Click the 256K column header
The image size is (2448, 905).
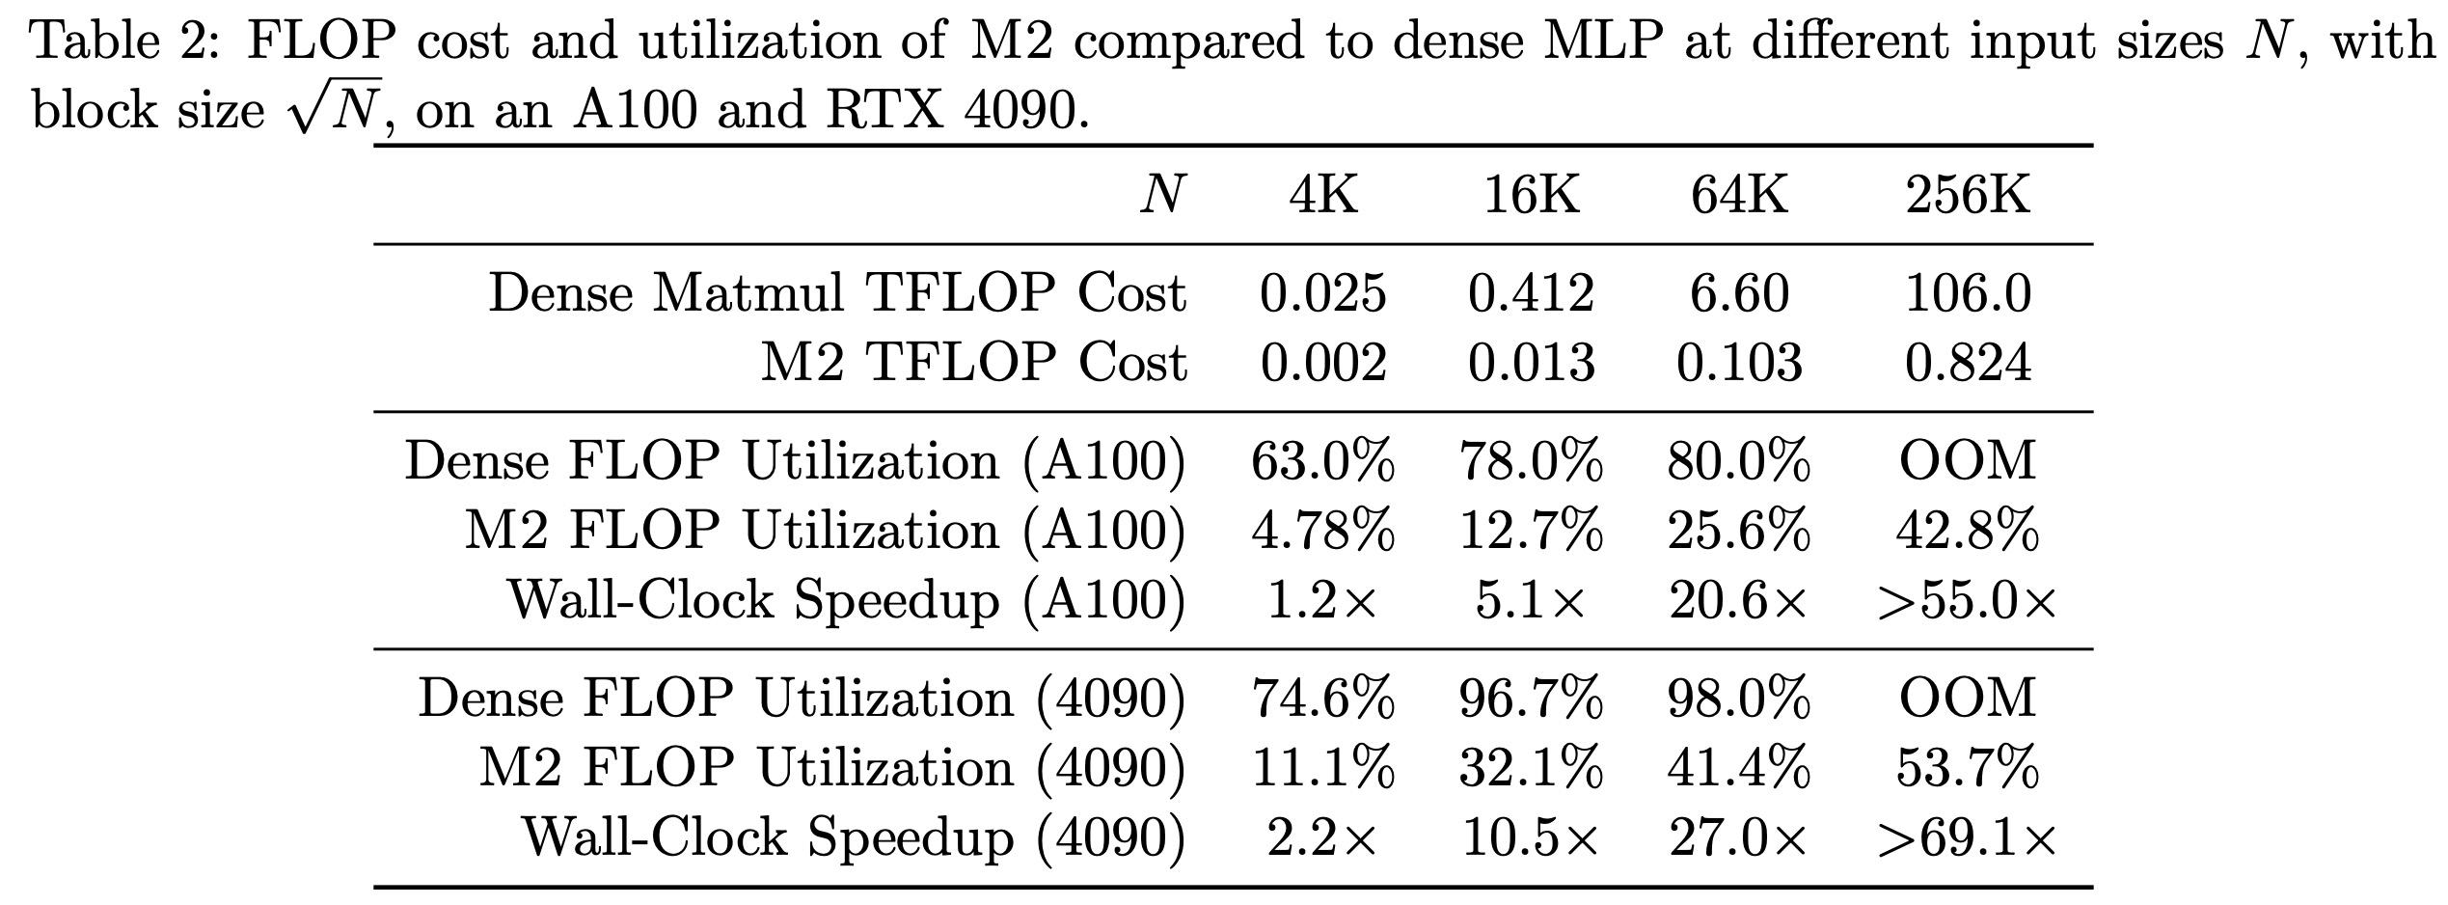coord(1968,196)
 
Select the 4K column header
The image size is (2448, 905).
coord(1323,196)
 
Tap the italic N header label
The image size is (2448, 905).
coord(1162,196)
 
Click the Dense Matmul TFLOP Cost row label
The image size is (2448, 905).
coord(837,292)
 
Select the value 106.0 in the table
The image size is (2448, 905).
coord(1968,292)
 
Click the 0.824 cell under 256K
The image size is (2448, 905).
coord(1968,363)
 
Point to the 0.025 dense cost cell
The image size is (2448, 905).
coord(1323,292)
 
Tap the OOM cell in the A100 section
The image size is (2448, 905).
coord(1968,460)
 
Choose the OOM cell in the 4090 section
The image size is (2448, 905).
coord(1968,698)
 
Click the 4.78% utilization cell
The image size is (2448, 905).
coord(1323,531)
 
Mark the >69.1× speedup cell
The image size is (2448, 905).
coord(1968,838)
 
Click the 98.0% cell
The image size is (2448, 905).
coord(1739,698)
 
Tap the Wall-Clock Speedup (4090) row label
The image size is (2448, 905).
coord(854,838)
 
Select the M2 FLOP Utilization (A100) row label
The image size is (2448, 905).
coord(825,531)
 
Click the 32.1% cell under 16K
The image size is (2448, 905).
coord(1531,768)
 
